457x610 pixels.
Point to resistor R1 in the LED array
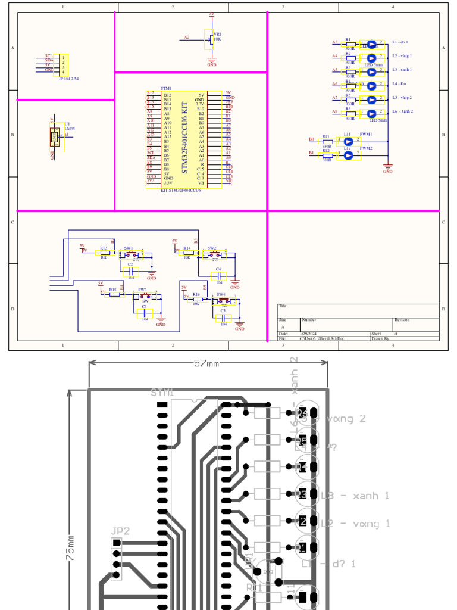tap(350, 44)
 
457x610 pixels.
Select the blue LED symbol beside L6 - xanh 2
tap(372, 113)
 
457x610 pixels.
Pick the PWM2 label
tap(366, 148)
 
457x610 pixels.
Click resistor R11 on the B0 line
tap(327, 141)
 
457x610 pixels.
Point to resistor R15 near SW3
tap(114, 293)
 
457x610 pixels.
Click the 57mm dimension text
tap(206, 363)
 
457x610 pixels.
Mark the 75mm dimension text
tap(71, 548)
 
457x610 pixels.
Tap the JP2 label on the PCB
tap(120, 531)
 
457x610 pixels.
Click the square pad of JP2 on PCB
tap(117, 543)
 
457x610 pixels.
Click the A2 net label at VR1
tap(186, 37)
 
